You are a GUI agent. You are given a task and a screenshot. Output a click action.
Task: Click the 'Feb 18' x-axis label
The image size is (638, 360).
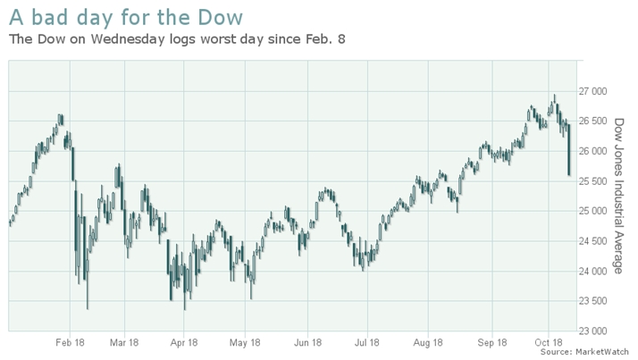tap(69, 341)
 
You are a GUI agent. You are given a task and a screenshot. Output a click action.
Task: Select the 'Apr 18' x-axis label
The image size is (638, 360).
tap(183, 341)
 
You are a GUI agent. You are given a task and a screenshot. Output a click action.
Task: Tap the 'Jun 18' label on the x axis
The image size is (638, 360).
tap(307, 341)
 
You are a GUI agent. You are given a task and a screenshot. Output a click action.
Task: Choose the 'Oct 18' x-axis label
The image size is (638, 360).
tap(549, 341)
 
